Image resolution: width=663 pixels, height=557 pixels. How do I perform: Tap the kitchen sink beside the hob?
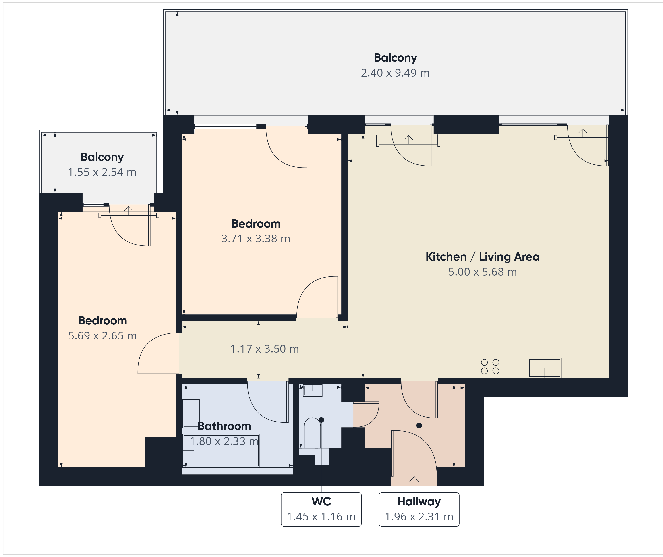coord(545,368)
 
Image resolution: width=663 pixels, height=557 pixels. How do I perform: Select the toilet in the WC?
coord(312,433)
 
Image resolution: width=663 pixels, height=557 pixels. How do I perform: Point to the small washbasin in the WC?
coord(313,391)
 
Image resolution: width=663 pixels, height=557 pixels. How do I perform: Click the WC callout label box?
coord(321,509)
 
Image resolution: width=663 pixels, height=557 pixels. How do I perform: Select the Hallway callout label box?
coord(419,509)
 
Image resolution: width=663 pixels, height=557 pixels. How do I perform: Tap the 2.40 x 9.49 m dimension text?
coord(395,73)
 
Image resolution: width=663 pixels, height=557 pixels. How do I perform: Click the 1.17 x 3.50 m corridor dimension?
coord(265,349)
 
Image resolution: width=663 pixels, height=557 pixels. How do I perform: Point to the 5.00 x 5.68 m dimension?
coord(482,272)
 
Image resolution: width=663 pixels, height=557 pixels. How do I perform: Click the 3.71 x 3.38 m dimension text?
coord(256,239)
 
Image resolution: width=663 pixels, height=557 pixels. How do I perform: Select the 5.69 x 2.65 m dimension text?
coord(102,336)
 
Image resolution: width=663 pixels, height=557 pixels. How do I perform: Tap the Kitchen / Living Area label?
coord(482,257)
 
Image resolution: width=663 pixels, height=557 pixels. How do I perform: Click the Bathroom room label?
coord(224,426)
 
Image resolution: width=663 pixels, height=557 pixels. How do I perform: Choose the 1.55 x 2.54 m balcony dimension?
coord(102,172)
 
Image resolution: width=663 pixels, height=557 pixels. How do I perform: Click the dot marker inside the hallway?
coord(419,425)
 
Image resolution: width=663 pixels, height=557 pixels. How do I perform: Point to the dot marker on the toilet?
coord(321,420)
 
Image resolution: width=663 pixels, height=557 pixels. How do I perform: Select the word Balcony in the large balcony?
coord(395,58)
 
